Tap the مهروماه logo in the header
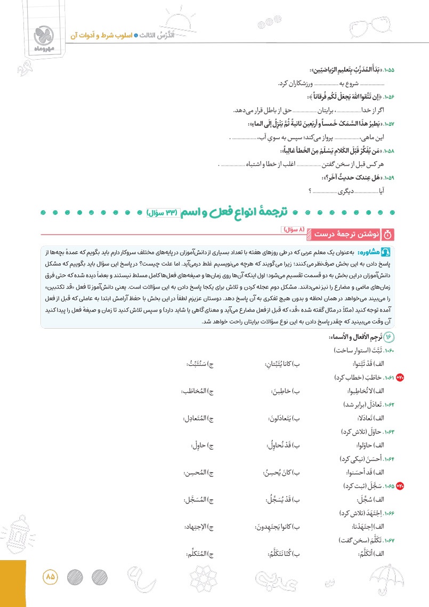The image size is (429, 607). [x=43, y=35]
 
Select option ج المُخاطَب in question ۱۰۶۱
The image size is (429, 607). [x=197, y=390]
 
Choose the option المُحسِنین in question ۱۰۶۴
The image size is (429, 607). [x=198, y=472]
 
